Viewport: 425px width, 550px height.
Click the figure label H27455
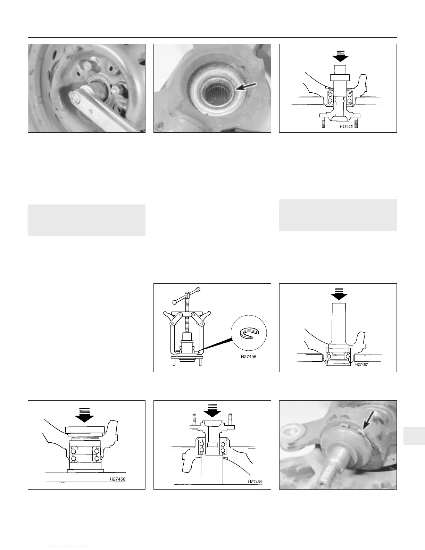pos(346,126)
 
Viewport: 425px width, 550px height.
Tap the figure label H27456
pos(248,356)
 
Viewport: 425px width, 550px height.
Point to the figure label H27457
pos(361,365)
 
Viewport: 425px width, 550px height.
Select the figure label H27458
pos(117,479)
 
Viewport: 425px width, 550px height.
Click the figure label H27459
pos(255,482)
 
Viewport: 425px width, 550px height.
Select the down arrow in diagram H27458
pos(84,415)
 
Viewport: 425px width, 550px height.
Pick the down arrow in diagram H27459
pos(212,410)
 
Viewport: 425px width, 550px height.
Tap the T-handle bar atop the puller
pos(186,295)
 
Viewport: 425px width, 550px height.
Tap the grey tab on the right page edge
pos(414,436)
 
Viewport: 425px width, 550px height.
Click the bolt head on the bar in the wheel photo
pos(75,98)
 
